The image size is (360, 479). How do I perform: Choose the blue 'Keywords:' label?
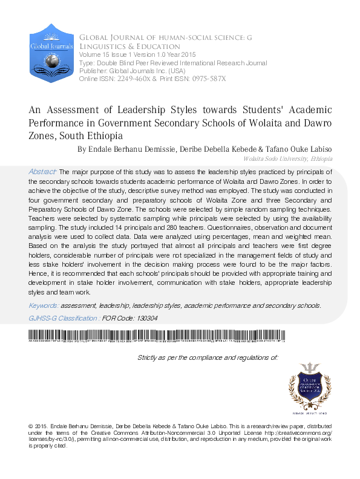(44, 305)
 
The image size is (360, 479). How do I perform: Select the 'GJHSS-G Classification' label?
(64, 318)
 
